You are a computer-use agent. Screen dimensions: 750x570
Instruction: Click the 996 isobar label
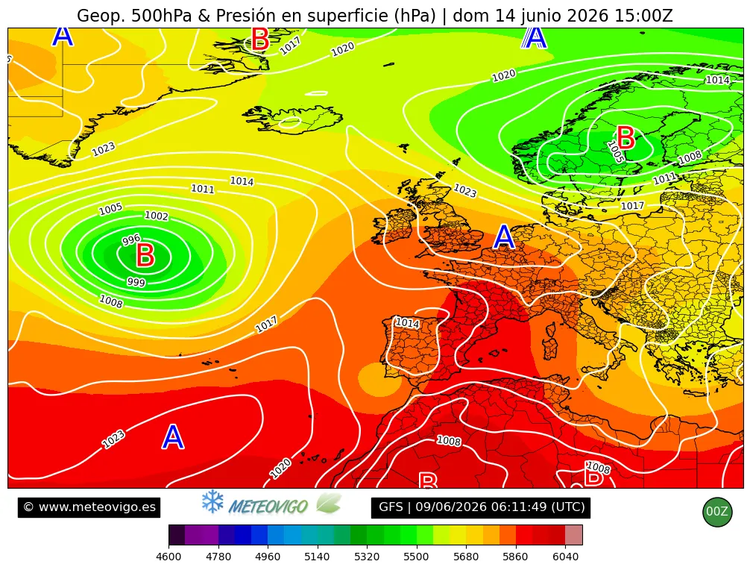[x=131, y=239]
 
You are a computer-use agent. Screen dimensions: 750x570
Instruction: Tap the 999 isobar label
[x=136, y=282]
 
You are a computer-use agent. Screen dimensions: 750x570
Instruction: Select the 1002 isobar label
[x=157, y=216]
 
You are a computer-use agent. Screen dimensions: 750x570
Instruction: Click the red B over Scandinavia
[x=625, y=138]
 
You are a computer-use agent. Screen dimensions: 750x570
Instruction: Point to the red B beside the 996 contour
[x=145, y=255]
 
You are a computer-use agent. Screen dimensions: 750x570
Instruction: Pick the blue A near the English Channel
[x=504, y=237]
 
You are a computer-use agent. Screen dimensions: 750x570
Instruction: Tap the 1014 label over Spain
[x=408, y=323]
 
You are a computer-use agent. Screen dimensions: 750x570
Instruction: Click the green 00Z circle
[x=717, y=512]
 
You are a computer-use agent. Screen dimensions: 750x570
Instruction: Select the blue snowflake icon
[x=212, y=501]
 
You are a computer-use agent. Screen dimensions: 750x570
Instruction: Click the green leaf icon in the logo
[x=329, y=504]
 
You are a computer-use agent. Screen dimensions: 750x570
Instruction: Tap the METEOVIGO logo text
[x=268, y=507]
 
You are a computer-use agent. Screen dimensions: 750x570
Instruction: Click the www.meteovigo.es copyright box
[x=89, y=507]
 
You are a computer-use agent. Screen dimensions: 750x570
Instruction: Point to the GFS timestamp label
[x=481, y=507]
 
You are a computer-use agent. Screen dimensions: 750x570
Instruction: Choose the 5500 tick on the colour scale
[x=416, y=557]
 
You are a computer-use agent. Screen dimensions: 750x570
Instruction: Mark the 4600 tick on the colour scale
[x=168, y=557]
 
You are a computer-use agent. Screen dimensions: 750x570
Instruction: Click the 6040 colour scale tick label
[x=565, y=557]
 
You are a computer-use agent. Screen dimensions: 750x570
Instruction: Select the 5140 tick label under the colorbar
[x=317, y=557]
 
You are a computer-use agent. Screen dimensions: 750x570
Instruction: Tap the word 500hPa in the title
[x=161, y=16]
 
